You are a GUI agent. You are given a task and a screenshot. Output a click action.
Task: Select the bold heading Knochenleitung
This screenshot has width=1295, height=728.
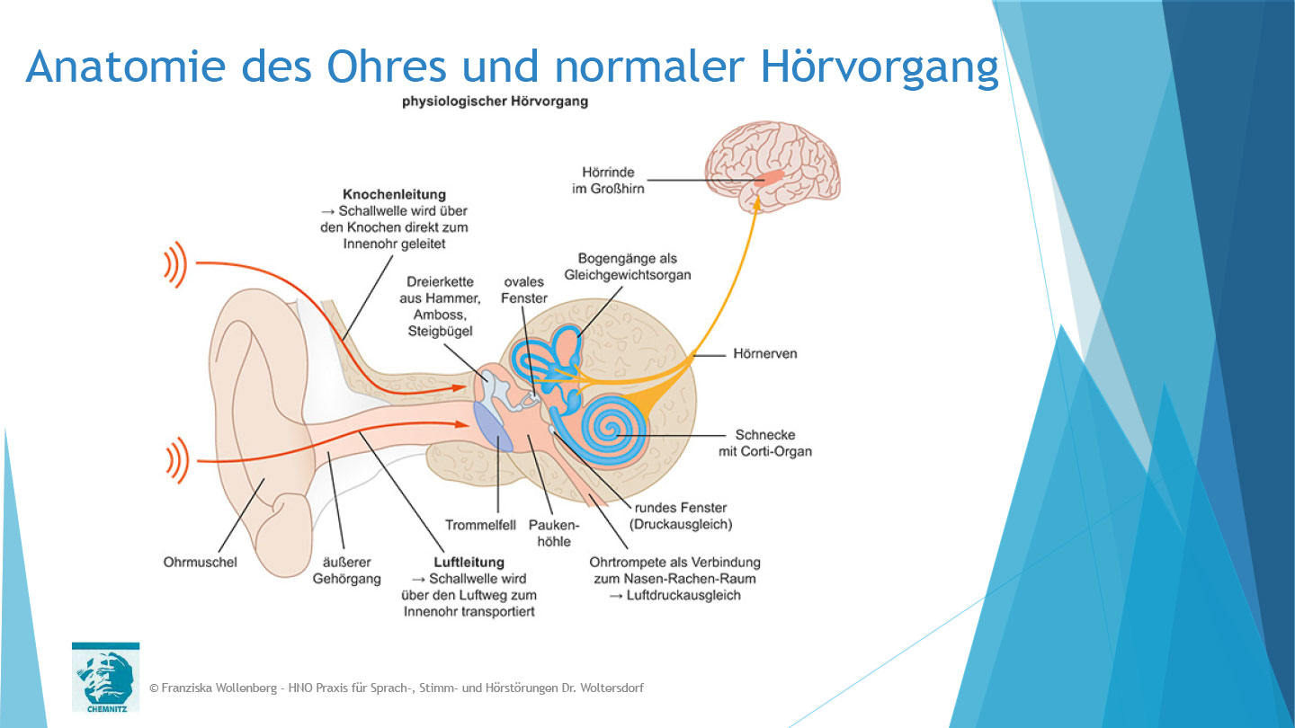click(x=394, y=194)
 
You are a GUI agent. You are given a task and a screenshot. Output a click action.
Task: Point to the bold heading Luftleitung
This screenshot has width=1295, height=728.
click(x=469, y=563)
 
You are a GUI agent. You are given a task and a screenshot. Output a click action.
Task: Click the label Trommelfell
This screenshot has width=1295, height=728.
click(x=481, y=525)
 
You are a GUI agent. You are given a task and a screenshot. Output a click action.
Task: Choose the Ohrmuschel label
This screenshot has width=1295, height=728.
click(x=201, y=563)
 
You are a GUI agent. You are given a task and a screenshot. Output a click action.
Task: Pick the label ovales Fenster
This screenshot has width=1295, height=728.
click(x=525, y=289)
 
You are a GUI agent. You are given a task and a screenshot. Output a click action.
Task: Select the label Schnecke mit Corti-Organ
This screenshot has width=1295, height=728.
click(x=764, y=443)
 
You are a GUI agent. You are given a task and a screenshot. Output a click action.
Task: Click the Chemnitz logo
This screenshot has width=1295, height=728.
click(x=105, y=676)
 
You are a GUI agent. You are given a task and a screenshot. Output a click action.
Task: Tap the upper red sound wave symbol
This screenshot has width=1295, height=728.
click(x=176, y=263)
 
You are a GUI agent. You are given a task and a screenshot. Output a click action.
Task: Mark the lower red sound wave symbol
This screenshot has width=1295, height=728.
click(x=176, y=461)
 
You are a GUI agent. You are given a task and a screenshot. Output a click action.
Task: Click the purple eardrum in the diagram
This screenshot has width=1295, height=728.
click(x=493, y=425)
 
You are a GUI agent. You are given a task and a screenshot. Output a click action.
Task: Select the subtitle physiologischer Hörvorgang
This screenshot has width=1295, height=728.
click(x=495, y=102)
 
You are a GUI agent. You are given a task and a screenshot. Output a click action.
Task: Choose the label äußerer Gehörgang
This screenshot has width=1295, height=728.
click(x=346, y=571)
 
